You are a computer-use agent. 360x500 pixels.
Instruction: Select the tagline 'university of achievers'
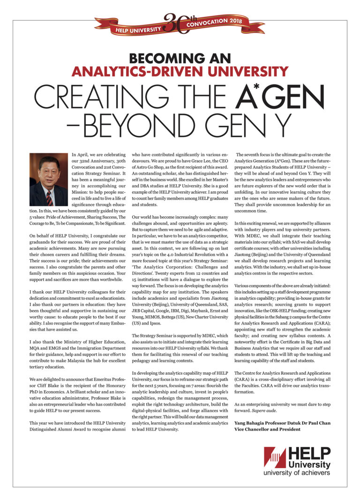[296, 473]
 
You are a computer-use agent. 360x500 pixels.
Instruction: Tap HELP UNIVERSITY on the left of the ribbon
[138, 30]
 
